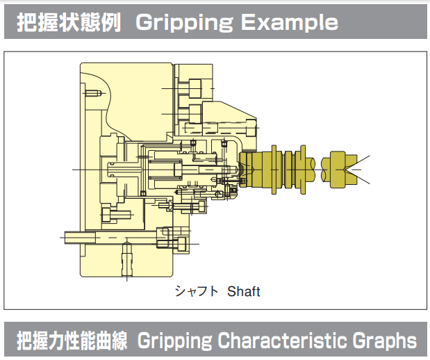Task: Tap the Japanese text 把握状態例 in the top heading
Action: tap(69, 22)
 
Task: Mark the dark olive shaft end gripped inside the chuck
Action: tap(245, 169)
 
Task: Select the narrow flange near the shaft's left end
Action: tap(272, 168)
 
